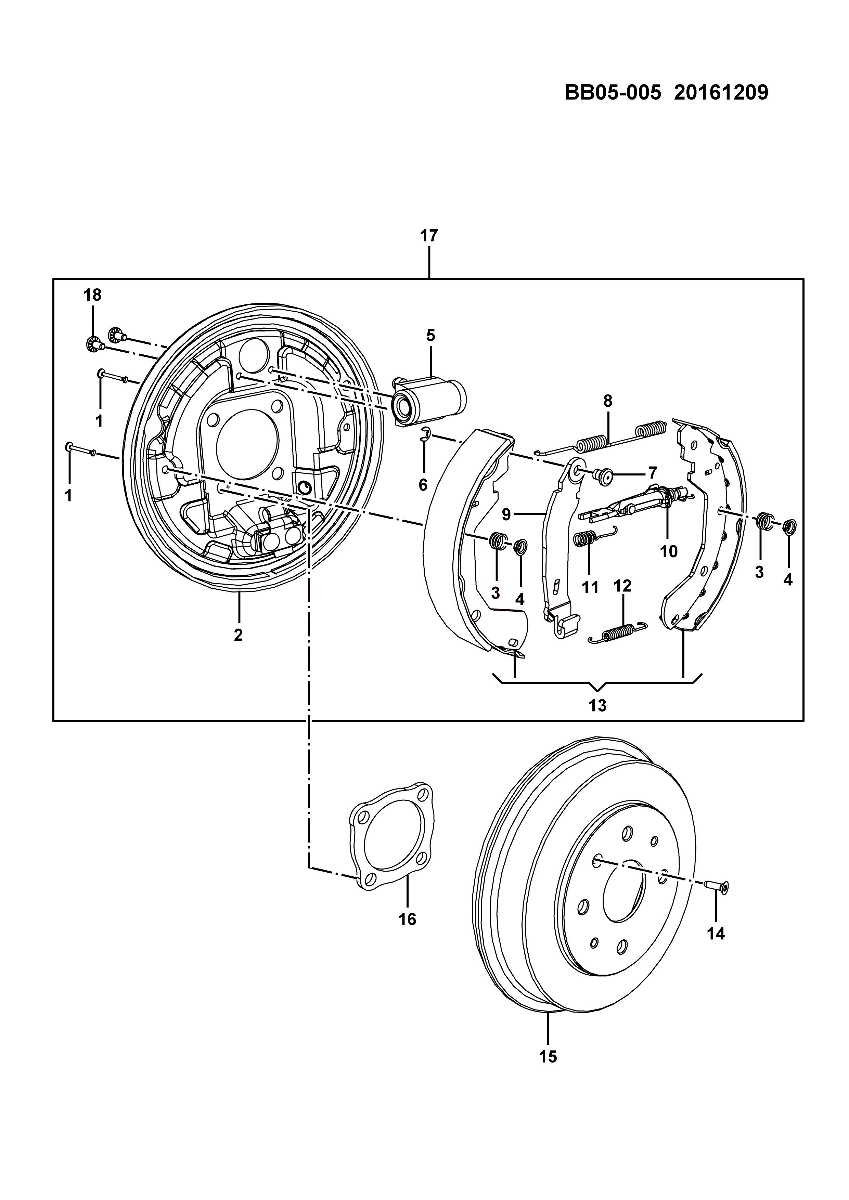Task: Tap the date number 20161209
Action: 721,93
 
